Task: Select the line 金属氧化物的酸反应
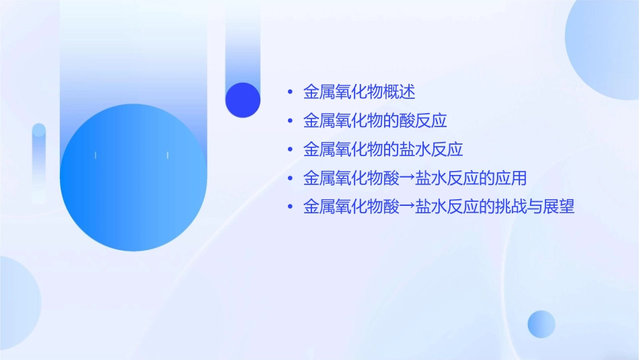tap(375, 121)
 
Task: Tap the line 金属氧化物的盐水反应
tap(383, 149)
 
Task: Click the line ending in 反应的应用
tap(415, 178)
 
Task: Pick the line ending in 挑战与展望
tap(439, 207)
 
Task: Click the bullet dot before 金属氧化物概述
tap(289, 92)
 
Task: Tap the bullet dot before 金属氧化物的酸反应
tap(289, 121)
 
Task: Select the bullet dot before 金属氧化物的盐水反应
tap(289, 149)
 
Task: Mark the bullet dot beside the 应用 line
tap(289, 178)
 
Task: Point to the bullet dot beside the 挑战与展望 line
tap(289, 207)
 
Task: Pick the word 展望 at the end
tap(558, 207)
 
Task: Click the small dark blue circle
tap(243, 100)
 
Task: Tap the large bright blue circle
tap(133, 177)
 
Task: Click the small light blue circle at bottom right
tap(541, 324)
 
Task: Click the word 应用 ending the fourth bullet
tap(511, 178)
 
